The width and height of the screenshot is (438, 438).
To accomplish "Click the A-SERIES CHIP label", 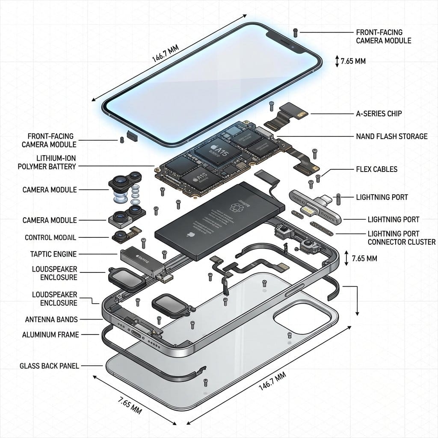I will [x=379, y=114].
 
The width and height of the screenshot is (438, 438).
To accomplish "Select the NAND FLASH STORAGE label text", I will [x=391, y=136].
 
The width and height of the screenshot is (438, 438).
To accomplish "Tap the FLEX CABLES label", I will [x=376, y=169].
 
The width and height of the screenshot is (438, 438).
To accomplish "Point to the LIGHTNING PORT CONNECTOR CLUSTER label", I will [x=401, y=238].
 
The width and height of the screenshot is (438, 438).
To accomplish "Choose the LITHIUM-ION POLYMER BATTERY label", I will [x=47, y=162].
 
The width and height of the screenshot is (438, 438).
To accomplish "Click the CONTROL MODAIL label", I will [x=50, y=237].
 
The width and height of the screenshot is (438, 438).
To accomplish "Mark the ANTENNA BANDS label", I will [x=51, y=319].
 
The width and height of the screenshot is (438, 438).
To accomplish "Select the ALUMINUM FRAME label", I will [x=50, y=334].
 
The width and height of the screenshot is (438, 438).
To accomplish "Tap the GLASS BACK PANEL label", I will [x=49, y=366].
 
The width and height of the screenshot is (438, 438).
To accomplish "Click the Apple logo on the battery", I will [x=188, y=235].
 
